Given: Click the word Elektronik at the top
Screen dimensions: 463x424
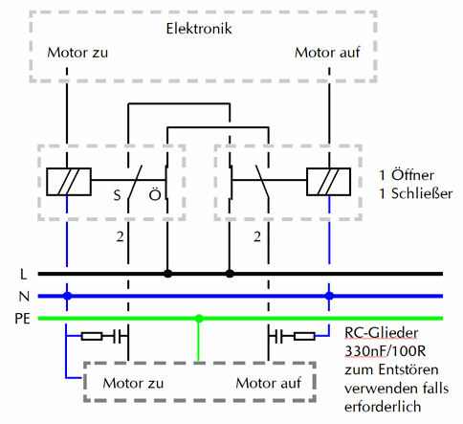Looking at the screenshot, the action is point(199,29).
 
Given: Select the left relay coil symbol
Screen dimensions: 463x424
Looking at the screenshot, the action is point(69,182).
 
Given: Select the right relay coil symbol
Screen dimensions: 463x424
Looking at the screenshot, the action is point(328,182).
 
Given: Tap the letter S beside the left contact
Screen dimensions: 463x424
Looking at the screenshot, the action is point(117,195).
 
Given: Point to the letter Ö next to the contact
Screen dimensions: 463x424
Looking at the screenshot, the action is point(155,193).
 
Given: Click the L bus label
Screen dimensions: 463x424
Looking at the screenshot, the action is point(24,274).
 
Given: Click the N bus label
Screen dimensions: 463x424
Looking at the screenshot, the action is point(24,297).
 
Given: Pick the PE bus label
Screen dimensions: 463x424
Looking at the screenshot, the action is point(22,319).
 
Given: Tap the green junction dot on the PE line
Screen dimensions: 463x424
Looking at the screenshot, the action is point(199,319).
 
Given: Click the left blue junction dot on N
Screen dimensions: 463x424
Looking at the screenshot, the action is point(67,296).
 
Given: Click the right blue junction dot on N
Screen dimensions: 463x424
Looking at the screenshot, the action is point(329,296).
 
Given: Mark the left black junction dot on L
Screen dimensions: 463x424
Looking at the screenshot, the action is point(167,274).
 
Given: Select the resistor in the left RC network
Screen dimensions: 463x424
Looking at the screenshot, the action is point(92,336).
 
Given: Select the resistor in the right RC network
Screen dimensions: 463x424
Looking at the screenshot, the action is point(304,336).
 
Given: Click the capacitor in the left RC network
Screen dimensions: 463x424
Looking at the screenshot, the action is point(117,336).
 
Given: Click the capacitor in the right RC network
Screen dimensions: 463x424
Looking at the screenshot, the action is point(279,336).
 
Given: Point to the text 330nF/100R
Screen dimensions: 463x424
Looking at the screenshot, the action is point(386,351).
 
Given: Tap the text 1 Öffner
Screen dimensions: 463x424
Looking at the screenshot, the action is point(407,175).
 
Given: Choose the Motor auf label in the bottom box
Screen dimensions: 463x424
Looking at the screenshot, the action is point(268,383).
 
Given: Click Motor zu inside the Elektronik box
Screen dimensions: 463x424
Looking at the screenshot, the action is point(77,53).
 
